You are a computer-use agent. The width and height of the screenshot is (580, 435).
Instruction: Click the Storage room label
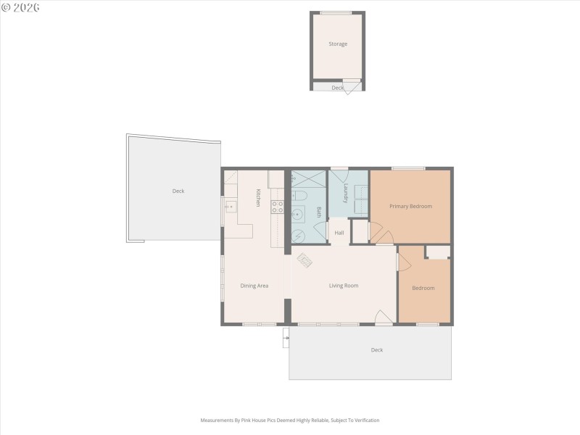click(x=338, y=44)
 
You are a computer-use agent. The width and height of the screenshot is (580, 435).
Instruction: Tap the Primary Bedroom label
click(x=410, y=207)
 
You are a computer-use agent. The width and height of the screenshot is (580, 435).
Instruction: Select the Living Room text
click(x=344, y=286)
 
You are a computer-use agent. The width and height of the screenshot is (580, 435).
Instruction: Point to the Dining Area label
click(x=254, y=286)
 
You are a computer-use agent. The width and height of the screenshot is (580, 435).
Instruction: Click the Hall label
click(x=339, y=233)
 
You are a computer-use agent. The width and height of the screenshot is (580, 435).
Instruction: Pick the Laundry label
click(x=347, y=194)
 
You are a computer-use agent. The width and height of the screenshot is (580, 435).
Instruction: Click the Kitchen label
click(x=257, y=198)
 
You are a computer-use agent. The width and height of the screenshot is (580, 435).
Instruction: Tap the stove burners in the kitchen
click(x=277, y=207)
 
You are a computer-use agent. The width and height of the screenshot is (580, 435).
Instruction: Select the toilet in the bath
click(x=304, y=196)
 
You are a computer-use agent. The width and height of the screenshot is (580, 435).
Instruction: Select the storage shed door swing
click(x=351, y=88)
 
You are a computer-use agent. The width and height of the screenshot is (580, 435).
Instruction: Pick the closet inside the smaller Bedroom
click(x=437, y=252)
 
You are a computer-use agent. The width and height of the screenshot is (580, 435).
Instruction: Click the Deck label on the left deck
click(x=178, y=191)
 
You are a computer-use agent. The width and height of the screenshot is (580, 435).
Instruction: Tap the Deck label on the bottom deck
click(x=377, y=350)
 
